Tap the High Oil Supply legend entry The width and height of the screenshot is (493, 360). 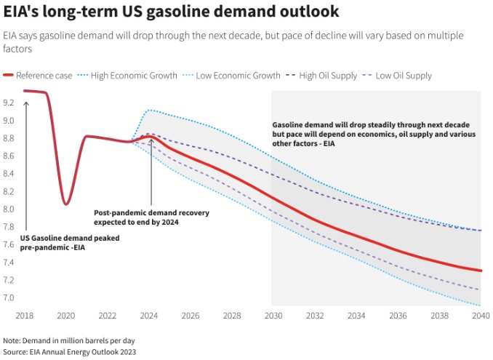323,76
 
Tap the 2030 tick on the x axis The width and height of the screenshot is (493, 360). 273,316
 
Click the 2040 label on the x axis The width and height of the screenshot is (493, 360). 480,316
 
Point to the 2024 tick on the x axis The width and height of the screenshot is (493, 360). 148,316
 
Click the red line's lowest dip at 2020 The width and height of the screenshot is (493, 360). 66,204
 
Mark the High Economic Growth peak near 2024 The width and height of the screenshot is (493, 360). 149,110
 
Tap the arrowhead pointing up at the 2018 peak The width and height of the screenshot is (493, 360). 26,104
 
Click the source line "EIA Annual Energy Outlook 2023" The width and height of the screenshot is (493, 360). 69,351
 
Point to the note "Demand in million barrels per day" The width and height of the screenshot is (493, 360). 69,340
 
